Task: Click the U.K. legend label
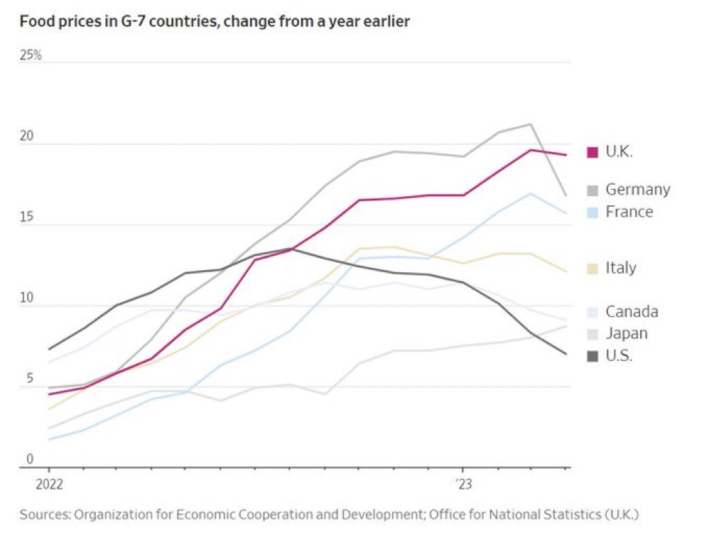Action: [619, 151]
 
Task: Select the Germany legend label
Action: [637, 190]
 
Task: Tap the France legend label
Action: [629, 212]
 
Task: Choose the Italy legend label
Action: [621, 268]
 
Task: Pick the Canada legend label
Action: [632, 311]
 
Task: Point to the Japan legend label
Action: [627, 333]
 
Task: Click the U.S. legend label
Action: [619, 355]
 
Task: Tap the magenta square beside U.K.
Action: [592, 151]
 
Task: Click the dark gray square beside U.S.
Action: [592, 355]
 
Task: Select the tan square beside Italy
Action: [592, 268]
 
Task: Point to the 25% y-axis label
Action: [31, 55]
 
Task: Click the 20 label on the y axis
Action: [27, 136]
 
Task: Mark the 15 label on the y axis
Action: [26, 217]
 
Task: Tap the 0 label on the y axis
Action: [30, 460]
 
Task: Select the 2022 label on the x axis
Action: [49, 485]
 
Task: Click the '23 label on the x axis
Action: [463, 485]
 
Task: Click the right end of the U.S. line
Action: [566, 354]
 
